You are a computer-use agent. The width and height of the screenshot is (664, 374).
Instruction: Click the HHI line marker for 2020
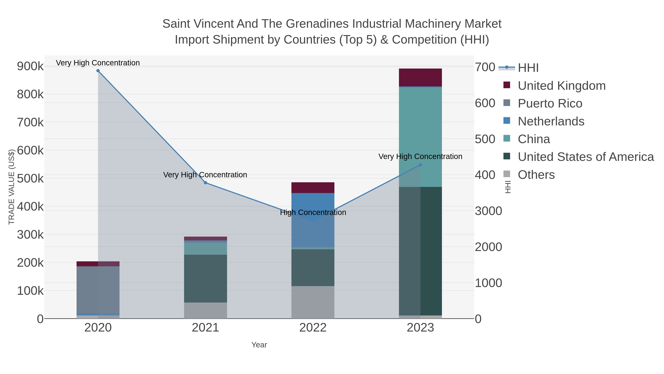pos(98,71)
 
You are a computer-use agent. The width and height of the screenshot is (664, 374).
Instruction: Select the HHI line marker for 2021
pos(205,183)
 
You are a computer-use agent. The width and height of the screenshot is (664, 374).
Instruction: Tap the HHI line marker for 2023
pos(420,165)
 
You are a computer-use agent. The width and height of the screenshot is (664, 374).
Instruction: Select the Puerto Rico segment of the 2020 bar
pos(98,289)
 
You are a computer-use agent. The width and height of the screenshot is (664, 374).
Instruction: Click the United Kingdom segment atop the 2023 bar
pos(420,77)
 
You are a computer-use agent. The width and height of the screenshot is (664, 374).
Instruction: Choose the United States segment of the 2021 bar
pos(205,279)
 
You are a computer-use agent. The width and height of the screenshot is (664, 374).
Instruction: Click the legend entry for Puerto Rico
pos(550,103)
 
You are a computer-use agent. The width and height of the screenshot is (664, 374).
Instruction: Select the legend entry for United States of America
pos(586,157)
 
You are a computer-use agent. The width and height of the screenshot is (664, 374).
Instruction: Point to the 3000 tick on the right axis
pos(488,211)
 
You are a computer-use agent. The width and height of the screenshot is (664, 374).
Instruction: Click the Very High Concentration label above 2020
pos(98,63)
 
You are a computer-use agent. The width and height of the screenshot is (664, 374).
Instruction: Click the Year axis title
pos(259,345)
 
